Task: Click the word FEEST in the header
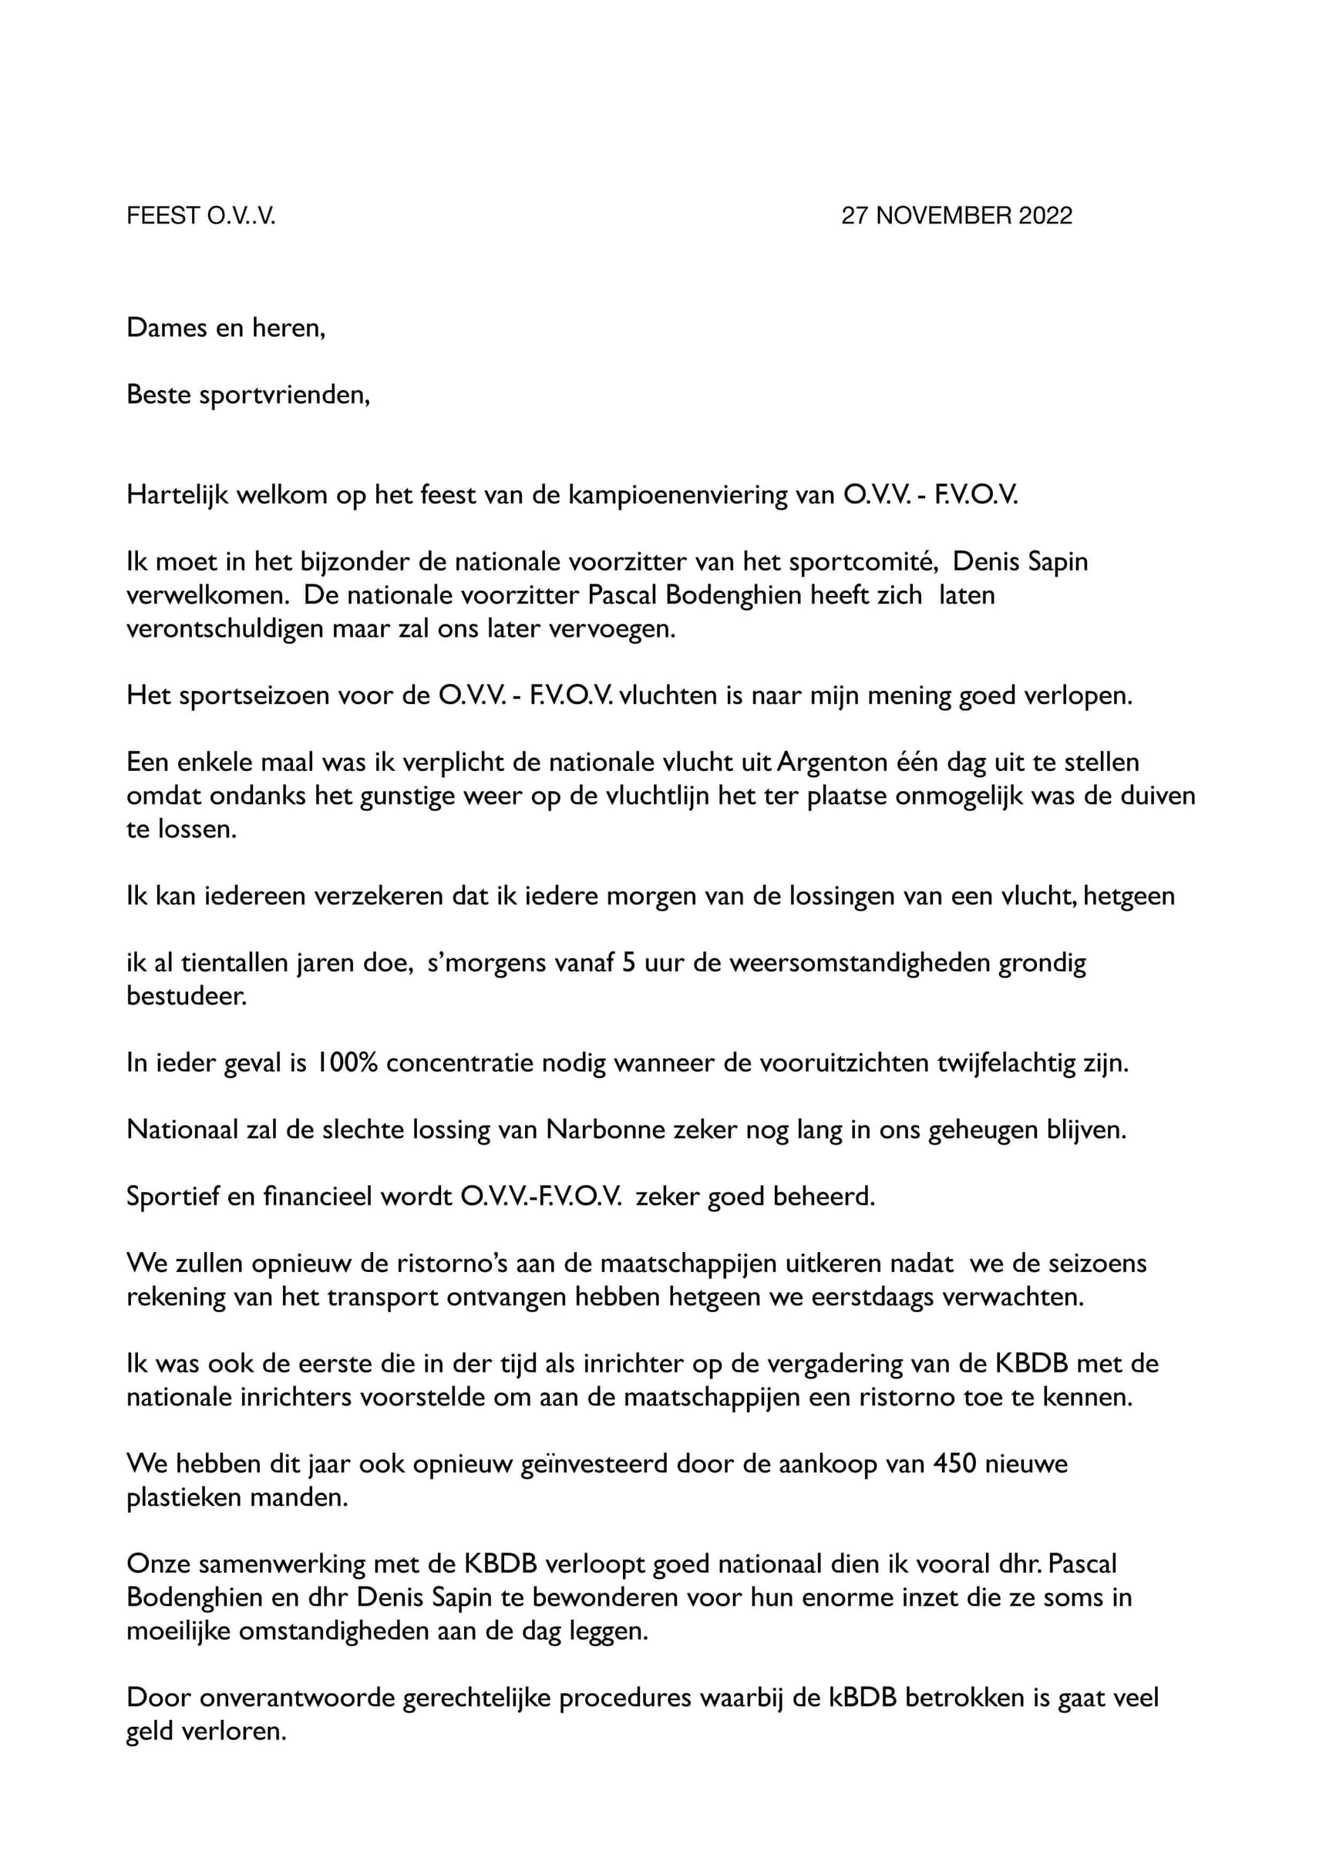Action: pyautogui.click(x=163, y=216)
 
